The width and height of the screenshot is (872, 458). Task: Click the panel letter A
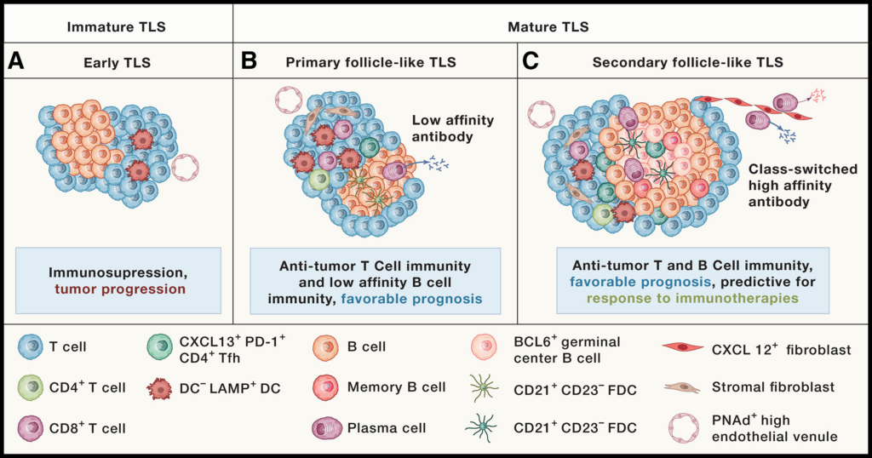[x=16, y=62]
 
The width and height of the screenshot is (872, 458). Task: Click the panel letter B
[x=250, y=62]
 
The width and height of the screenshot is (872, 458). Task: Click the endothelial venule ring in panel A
[x=186, y=168]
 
